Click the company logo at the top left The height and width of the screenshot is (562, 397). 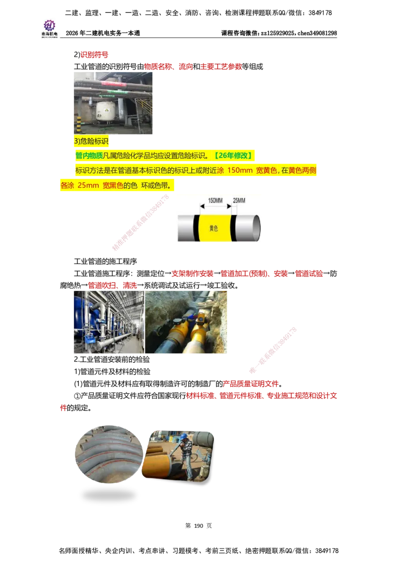point(49,28)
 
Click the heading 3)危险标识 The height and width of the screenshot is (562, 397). point(91,141)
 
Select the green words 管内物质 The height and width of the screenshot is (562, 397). point(89,156)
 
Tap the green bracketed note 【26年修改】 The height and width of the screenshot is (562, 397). point(233,156)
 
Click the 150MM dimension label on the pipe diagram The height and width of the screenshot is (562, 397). point(215,201)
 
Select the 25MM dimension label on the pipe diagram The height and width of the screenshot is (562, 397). point(239,201)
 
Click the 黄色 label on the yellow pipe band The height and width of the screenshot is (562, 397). point(213,228)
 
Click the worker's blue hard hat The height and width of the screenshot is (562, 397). point(184,436)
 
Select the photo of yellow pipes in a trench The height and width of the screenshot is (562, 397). point(188,323)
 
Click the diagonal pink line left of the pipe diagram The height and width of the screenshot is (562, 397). point(141,222)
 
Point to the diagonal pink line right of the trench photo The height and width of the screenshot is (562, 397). point(273,350)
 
